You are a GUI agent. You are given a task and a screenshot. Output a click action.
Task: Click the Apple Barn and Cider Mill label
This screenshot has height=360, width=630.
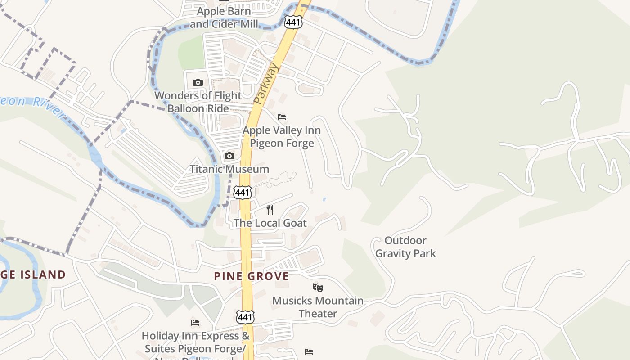click(x=224, y=18)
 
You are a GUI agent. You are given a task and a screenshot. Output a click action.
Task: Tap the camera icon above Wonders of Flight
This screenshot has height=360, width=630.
click(x=198, y=82)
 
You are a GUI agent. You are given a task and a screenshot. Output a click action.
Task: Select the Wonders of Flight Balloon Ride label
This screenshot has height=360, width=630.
click(x=198, y=102)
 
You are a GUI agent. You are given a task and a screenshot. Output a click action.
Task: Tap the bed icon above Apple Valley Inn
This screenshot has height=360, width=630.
click(x=282, y=117)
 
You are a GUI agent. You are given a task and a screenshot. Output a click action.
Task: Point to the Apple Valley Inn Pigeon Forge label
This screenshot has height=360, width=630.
click(x=282, y=137)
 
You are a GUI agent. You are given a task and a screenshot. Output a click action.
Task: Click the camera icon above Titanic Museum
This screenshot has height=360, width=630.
click(x=229, y=156)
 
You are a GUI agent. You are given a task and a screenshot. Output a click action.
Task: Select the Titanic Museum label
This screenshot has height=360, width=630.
click(x=229, y=169)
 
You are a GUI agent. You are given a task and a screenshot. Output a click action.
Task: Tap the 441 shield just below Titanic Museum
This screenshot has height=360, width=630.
click(x=242, y=192)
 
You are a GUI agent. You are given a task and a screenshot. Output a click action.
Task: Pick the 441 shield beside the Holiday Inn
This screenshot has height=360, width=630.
click(x=245, y=317)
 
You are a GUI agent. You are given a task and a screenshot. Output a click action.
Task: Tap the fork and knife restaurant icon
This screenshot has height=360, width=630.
click(x=270, y=209)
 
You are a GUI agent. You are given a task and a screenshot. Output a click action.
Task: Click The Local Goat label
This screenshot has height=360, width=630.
click(x=270, y=223)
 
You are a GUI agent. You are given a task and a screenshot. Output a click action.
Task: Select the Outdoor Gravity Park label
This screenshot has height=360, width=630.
click(x=405, y=247)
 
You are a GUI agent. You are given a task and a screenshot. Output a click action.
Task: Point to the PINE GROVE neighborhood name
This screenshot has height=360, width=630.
click(x=251, y=276)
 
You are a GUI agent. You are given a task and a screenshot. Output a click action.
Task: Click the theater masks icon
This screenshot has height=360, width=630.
click(x=318, y=287)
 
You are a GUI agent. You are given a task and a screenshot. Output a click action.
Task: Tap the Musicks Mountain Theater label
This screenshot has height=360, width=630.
click(x=318, y=307)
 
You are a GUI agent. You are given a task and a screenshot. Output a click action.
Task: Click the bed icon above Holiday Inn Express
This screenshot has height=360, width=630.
click(x=195, y=323)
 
